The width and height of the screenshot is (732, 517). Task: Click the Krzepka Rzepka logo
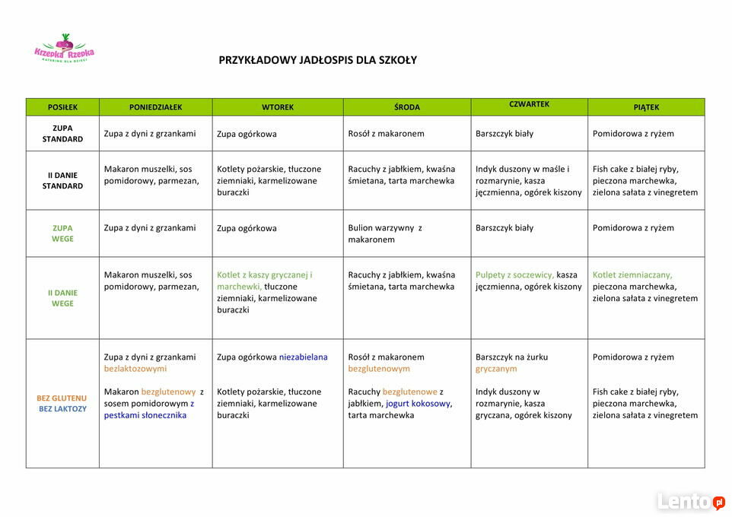coord(64,49)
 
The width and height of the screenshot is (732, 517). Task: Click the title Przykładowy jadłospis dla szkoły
coord(317,60)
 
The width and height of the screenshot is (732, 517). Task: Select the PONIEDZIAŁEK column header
coord(155,107)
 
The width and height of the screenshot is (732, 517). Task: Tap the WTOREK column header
coord(278,107)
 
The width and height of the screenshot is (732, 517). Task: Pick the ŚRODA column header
coord(407,107)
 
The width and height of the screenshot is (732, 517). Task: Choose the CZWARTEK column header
coord(529,105)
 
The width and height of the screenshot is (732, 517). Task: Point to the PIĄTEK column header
coord(646,107)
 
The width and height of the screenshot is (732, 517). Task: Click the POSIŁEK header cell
coord(62,107)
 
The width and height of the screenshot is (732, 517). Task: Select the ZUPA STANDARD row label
coord(62,134)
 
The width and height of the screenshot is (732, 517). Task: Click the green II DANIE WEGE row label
coord(62,298)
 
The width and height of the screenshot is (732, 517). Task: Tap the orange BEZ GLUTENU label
coord(62,398)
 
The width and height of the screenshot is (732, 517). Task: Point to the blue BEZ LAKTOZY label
coord(62,409)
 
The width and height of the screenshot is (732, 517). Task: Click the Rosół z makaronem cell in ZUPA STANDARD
coord(386,134)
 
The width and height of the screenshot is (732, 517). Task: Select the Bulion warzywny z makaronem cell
coord(385,233)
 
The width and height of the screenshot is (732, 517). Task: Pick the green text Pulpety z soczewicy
coord(514,275)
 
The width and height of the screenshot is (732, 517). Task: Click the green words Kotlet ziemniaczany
coord(632,275)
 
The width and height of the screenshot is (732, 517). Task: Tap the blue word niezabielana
coord(303,357)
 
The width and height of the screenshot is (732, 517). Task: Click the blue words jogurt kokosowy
coord(418,404)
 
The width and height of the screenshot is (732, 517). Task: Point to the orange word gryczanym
coord(496,369)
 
